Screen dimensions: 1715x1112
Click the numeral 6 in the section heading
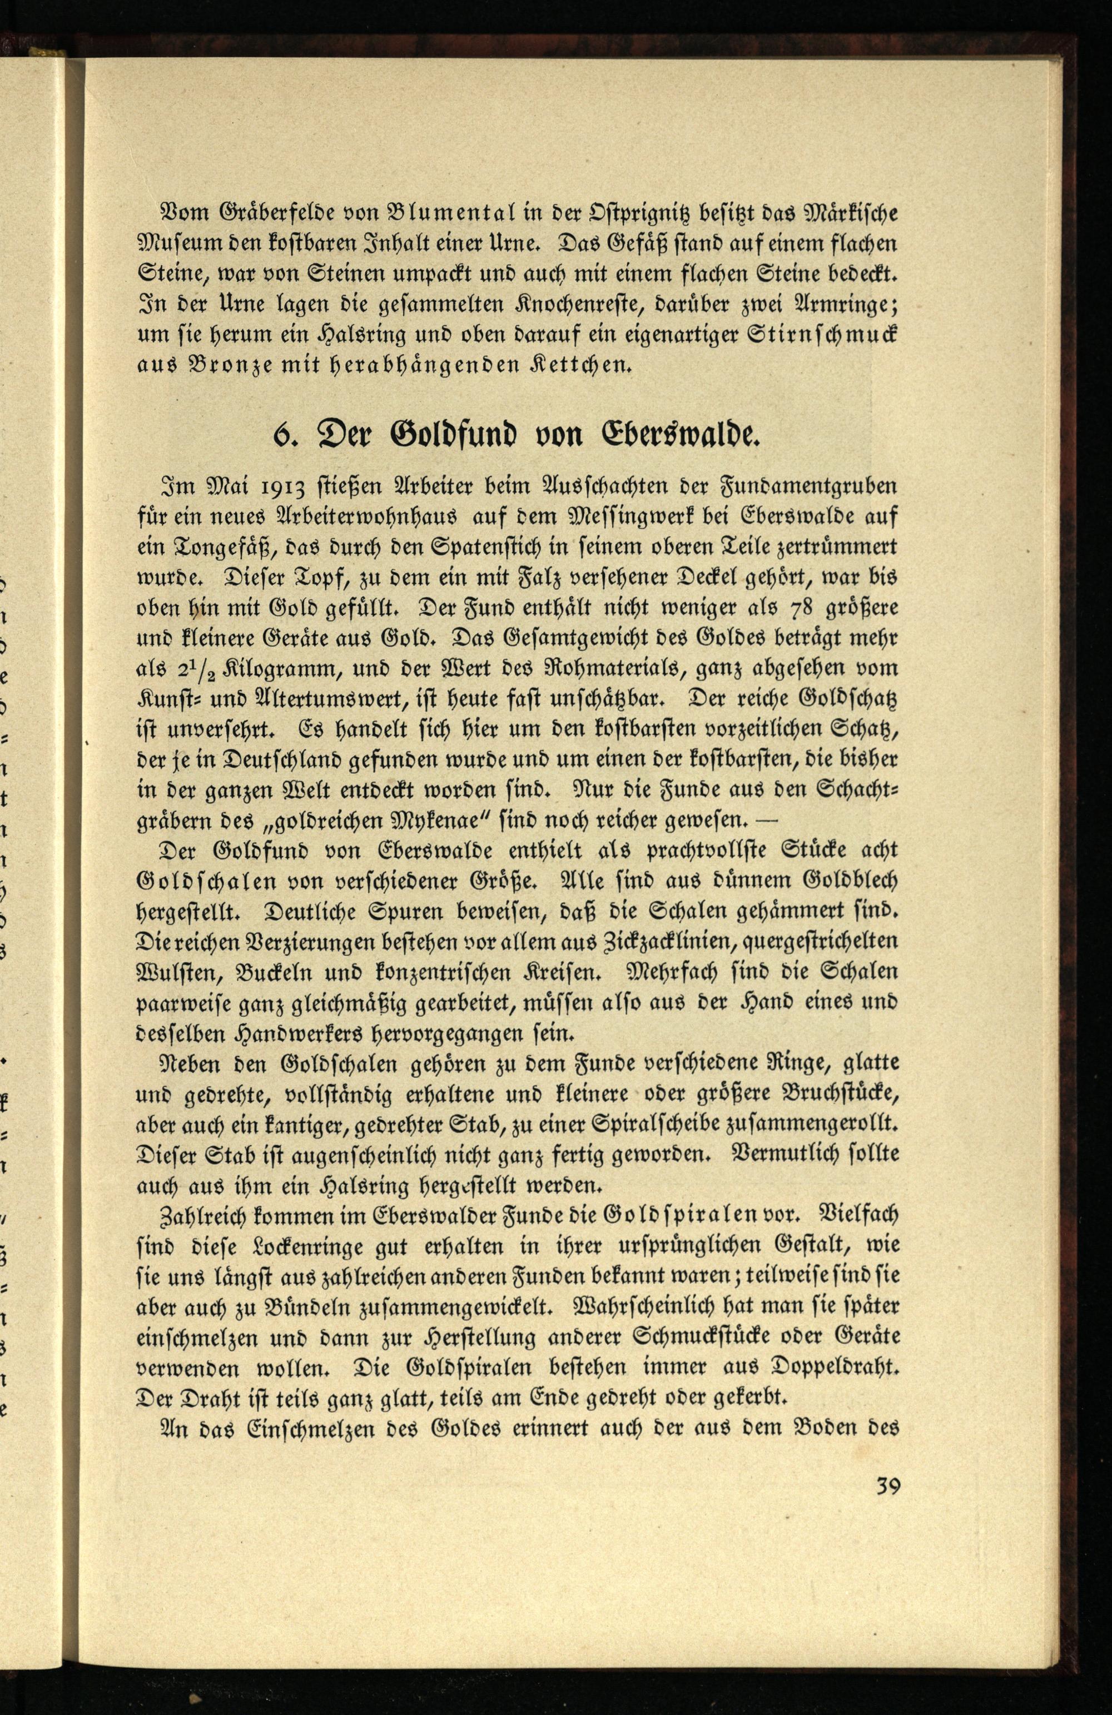[280, 435]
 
